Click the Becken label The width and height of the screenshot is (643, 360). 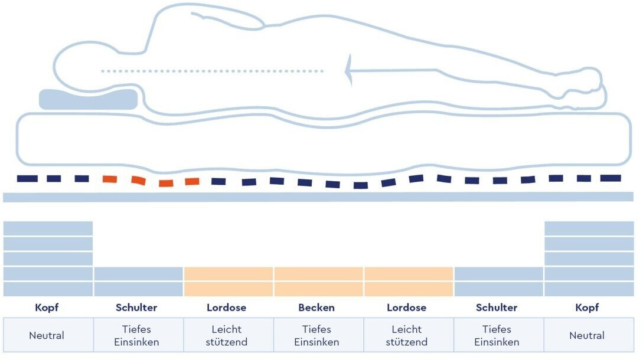[316, 307]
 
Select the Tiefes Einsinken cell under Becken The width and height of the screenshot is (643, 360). [316, 335]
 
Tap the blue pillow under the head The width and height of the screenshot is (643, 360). [88, 99]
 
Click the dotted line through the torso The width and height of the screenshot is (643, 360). [213, 71]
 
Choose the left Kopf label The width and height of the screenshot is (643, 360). [47, 307]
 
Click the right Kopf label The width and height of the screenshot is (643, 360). [587, 307]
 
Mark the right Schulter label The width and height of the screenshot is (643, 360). [497, 307]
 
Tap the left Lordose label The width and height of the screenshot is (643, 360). [227, 307]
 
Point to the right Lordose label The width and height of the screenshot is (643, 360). [406, 307]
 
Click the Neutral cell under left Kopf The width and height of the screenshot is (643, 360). [47, 335]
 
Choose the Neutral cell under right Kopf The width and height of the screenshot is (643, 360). [587, 335]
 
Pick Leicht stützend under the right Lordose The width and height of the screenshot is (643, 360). [407, 335]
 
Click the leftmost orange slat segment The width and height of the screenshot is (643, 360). [109, 179]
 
